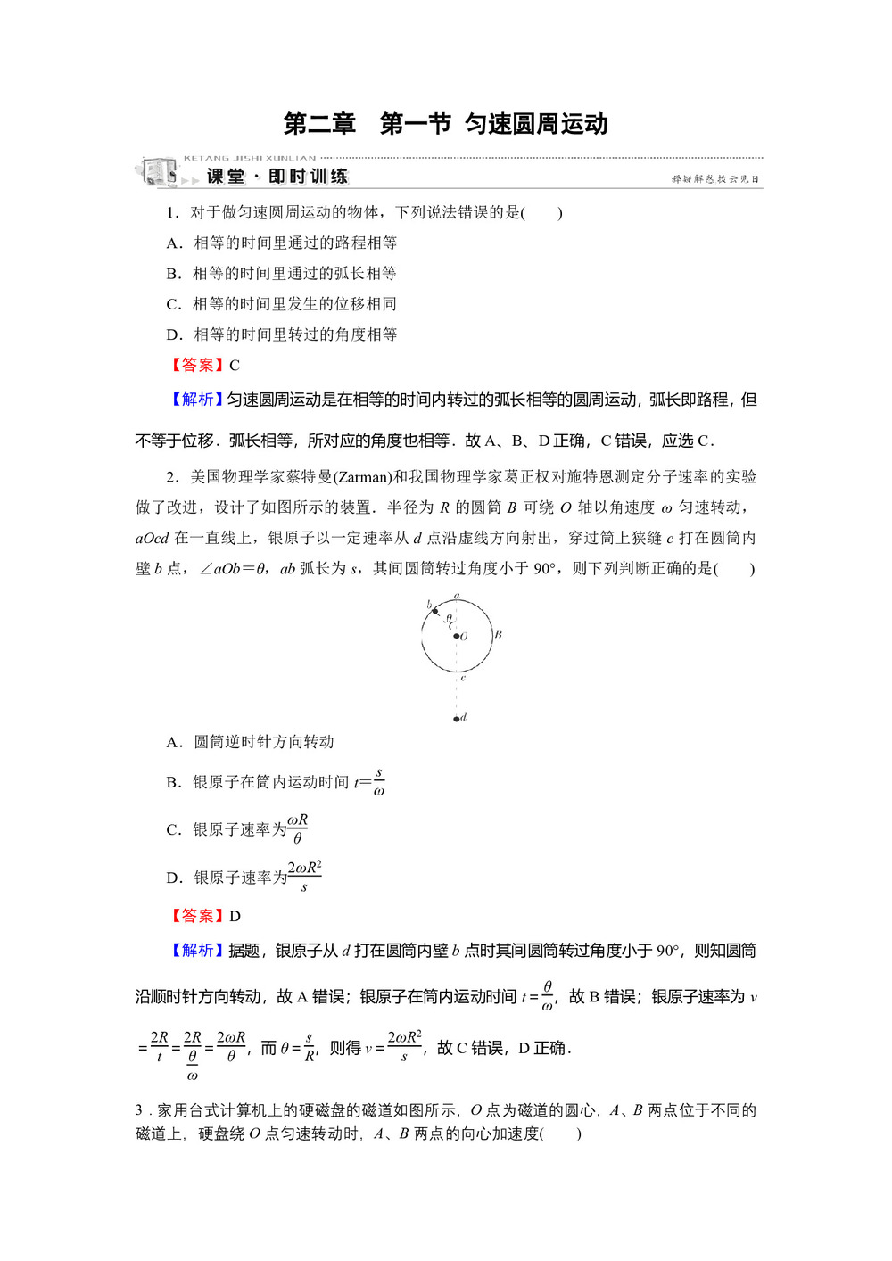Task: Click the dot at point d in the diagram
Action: tap(456, 718)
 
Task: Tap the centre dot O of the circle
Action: tap(456, 636)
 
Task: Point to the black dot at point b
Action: tap(434, 611)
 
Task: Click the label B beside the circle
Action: tap(498, 634)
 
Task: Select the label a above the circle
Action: tap(456, 596)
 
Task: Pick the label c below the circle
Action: tap(463, 679)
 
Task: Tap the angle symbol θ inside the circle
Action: tap(449, 617)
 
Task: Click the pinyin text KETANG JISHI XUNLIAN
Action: tap(249, 158)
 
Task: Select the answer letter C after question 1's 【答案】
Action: tap(235, 366)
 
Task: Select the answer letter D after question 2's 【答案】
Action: tap(235, 916)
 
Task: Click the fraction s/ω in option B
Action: tap(379, 782)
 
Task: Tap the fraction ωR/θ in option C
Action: tap(297, 829)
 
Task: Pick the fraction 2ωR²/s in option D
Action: tap(304, 877)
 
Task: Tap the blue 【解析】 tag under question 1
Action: tap(195, 400)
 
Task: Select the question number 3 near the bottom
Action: tap(139, 1110)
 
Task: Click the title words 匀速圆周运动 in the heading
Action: tap(536, 124)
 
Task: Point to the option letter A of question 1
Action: tap(173, 243)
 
